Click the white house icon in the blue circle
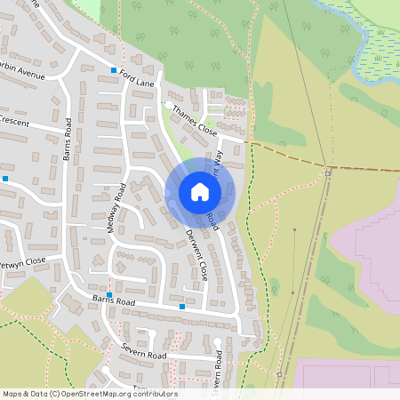pyautogui.click(x=200, y=192)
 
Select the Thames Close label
pyautogui.click(x=195, y=120)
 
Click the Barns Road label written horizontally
pyautogui.click(x=113, y=302)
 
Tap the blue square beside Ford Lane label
pyautogui.click(x=114, y=70)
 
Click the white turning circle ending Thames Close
pyautogui.click(x=169, y=105)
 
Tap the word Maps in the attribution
pyautogui.click(x=12, y=394)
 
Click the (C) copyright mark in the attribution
pyautogui.click(x=55, y=394)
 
